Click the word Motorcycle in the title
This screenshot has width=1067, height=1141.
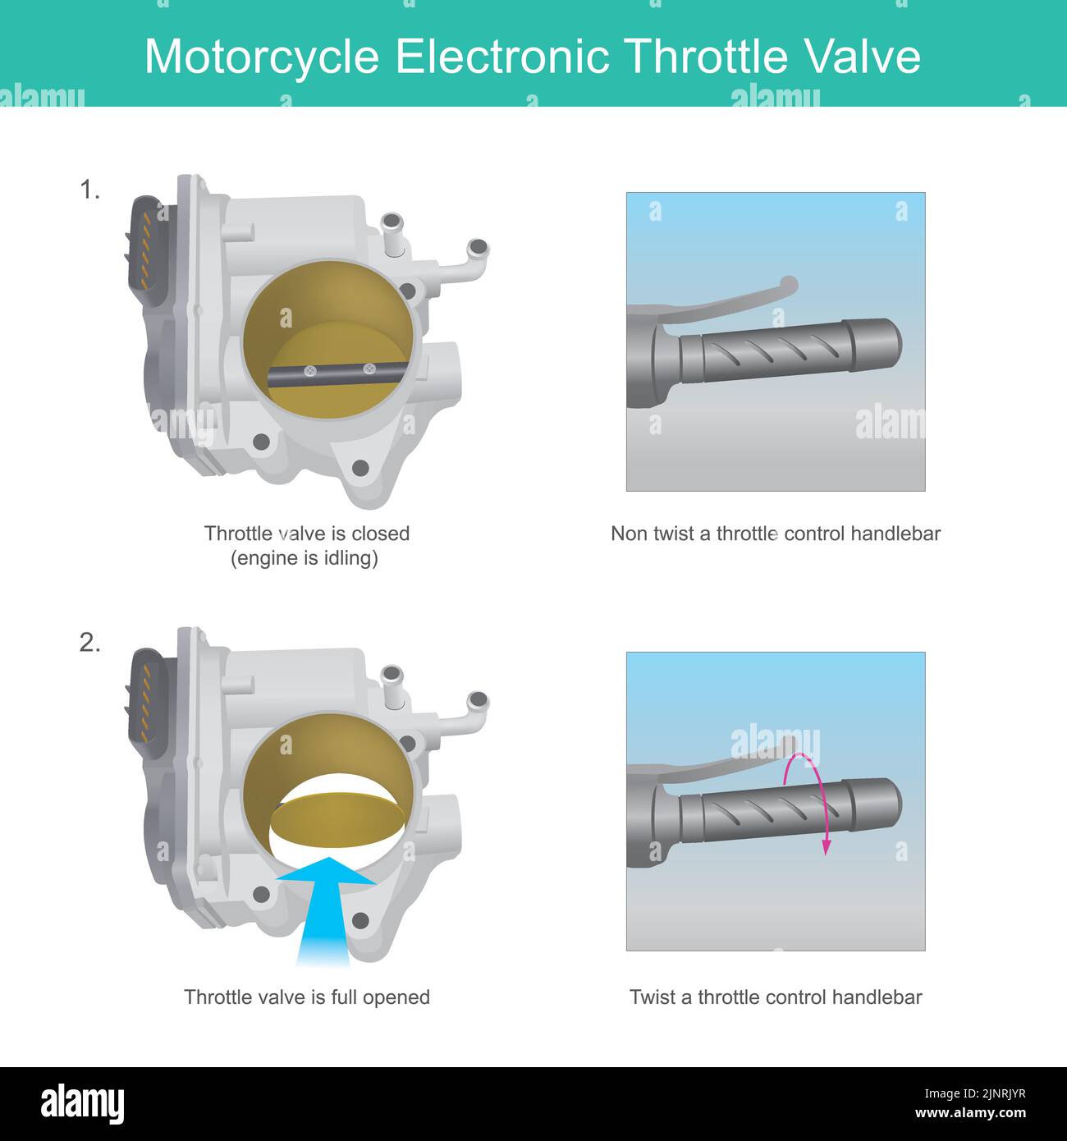(x=262, y=57)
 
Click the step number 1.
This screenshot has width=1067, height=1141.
(x=89, y=190)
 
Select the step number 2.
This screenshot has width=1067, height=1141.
(x=89, y=643)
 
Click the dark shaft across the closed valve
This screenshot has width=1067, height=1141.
(x=337, y=373)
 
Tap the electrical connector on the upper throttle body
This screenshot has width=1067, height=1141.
(x=146, y=246)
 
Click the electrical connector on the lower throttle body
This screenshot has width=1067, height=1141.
(x=146, y=698)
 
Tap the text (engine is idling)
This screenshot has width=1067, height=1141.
(x=305, y=558)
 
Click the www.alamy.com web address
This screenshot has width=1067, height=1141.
(x=970, y=1113)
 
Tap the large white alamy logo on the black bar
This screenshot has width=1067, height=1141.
(x=83, y=1103)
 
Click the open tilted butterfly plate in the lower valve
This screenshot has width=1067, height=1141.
(x=338, y=820)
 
